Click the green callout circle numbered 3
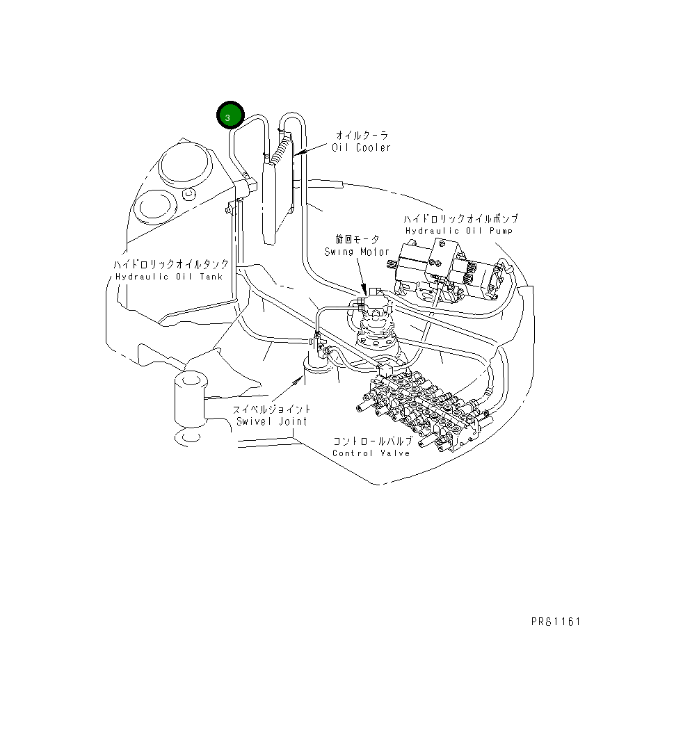(x=229, y=116)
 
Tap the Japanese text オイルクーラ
(x=362, y=136)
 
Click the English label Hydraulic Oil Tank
(x=169, y=276)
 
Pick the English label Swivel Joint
(x=271, y=421)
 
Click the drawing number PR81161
(x=554, y=621)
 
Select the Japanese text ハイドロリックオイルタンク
(x=171, y=264)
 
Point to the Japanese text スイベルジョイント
(x=272, y=409)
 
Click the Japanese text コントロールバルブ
(x=372, y=441)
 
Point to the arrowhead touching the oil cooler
(x=298, y=151)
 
